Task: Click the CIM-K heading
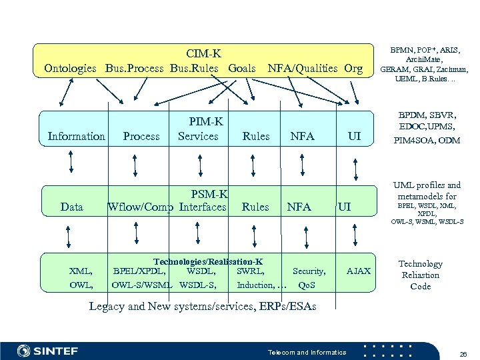pyautogui.click(x=204, y=53)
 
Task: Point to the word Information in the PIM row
pyautogui.click(x=77, y=136)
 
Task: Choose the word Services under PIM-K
pyautogui.click(x=198, y=136)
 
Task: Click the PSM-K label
pyautogui.click(x=209, y=194)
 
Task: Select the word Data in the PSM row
pyautogui.click(x=72, y=207)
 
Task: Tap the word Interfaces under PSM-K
pyautogui.click(x=203, y=207)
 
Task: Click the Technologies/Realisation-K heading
pyautogui.click(x=208, y=261)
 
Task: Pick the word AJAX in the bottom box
pyautogui.click(x=359, y=271)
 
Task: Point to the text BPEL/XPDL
pyautogui.click(x=140, y=271)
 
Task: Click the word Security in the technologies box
pyautogui.click(x=309, y=271)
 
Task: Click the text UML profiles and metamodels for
pyautogui.click(x=427, y=190)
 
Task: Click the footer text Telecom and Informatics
pyautogui.click(x=307, y=351)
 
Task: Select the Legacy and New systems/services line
pyautogui.click(x=203, y=307)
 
